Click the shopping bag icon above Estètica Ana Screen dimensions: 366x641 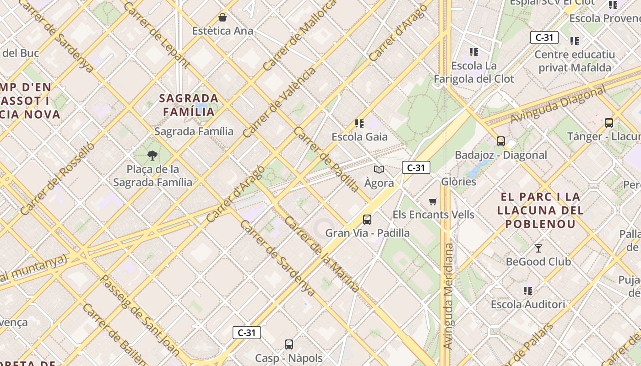tap(223, 17)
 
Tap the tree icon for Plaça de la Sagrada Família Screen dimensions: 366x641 tap(152, 156)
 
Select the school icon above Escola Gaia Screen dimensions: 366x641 tap(359, 123)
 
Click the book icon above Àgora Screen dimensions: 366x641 tap(379, 170)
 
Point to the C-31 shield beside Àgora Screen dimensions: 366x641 tap(416, 168)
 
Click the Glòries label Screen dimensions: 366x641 tap(458, 182)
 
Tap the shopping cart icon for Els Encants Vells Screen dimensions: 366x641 tap(433, 201)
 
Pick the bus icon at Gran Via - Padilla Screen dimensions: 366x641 tap(367, 220)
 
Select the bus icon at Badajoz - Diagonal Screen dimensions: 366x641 tap(500, 141)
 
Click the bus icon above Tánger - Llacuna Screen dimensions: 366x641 tap(608, 123)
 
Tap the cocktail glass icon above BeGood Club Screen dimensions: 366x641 tap(538, 248)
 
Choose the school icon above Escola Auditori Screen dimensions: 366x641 tap(528, 291)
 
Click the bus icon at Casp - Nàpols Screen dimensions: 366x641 tap(288, 344)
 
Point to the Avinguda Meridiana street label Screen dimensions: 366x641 tap(449, 296)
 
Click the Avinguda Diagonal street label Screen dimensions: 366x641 tap(558, 105)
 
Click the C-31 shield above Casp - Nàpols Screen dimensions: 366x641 tap(247, 333)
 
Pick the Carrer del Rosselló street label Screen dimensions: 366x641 tap(57, 178)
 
